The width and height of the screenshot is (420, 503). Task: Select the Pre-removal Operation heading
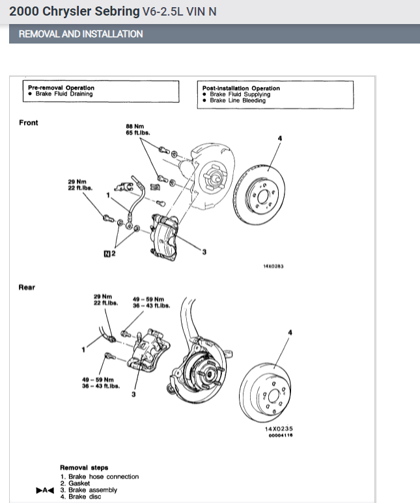[61, 88]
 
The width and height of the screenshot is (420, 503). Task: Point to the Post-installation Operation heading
[241, 88]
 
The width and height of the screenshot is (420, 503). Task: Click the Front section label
[29, 123]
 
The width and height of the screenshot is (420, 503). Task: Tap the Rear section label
[27, 287]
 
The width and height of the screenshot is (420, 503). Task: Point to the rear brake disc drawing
[270, 394]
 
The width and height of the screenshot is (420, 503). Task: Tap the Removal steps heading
[84, 467]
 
